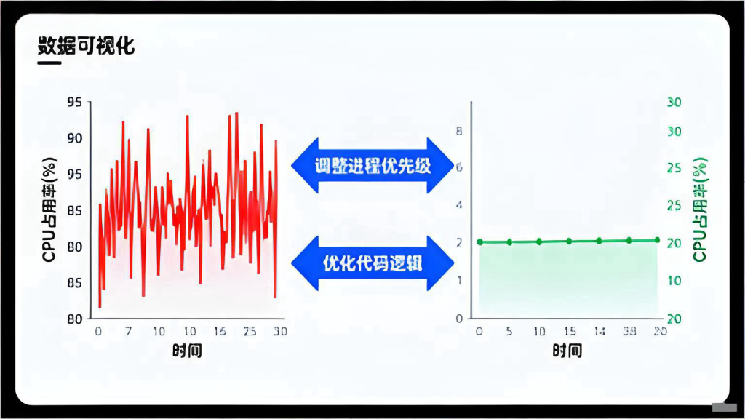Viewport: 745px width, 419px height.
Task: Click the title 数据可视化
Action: [86, 46]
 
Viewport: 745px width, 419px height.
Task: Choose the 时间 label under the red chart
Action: [188, 351]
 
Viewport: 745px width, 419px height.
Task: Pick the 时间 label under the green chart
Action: [567, 351]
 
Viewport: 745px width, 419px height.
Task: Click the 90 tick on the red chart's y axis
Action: [74, 138]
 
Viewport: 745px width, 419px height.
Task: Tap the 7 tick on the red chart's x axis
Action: [128, 332]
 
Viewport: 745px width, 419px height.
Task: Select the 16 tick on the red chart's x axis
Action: [220, 332]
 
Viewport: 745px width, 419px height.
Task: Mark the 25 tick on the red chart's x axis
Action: [250, 332]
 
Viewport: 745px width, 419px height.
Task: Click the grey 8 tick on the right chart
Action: [459, 132]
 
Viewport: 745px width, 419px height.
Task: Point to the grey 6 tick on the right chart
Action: [459, 167]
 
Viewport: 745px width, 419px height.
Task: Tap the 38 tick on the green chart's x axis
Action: [630, 332]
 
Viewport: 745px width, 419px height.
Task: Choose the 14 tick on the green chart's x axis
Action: [599, 332]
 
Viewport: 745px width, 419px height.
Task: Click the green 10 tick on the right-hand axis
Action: [674, 281]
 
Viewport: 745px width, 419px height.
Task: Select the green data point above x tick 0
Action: [479, 242]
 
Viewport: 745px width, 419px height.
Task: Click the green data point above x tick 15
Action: [569, 241]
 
